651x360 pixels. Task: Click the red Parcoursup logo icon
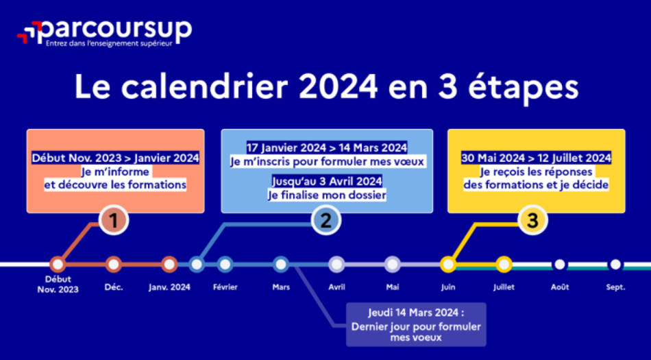(x=29, y=32)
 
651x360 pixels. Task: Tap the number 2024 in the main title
(x=338, y=87)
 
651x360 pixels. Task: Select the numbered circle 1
(x=113, y=220)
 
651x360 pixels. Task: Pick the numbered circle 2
(x=326, y=220)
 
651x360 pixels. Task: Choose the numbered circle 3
(x=532, y=220)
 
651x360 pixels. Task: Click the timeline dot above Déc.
(x=113, y=264)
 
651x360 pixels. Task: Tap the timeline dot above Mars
(x=281, y=264)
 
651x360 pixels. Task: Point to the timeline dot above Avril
(x=336, y=264)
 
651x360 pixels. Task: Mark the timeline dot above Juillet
(x=504, y=264)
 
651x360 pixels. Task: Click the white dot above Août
(x=560, y=264)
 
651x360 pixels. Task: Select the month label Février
(x=225, y=287)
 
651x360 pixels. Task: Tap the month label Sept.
(x=615, y=287)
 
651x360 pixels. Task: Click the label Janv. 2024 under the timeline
(x=169, y=287)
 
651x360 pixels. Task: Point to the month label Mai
(x=393, y=287)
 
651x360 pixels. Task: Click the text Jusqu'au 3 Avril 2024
(x=327, y=182)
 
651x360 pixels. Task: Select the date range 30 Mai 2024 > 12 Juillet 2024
(x=536, y=158)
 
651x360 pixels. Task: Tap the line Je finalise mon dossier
(x=327, y=195)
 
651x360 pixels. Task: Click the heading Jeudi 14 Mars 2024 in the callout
(x=415, y=313)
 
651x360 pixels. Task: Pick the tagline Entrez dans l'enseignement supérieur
(x=109, y=44)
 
